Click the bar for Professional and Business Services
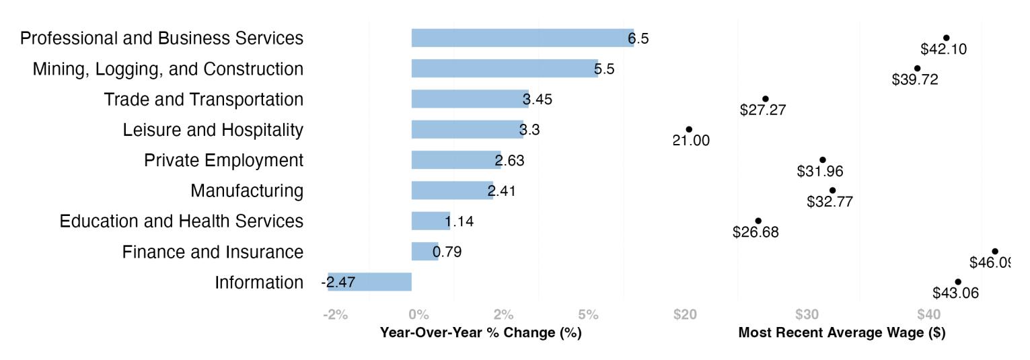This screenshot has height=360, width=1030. tap(522, 38)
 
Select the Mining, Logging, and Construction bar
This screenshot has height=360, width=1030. tap(505, 69)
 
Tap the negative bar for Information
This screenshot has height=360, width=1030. tap(369, 282)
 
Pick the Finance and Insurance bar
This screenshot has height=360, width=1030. tap(425, 252)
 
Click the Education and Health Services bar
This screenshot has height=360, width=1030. tap(431, 221)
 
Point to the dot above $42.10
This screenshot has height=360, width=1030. tap(947, 38)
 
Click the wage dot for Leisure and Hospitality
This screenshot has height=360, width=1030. tap(689, 130)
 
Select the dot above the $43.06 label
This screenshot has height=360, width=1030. tap(958, 282)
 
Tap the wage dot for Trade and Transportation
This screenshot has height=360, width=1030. tap(765, 99)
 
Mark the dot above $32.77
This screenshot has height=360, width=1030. tap(832, 190)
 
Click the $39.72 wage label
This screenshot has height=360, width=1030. tap(914, 79)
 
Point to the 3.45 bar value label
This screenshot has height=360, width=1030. tap(537, 100)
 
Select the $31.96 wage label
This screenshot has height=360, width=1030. tap(820, 172)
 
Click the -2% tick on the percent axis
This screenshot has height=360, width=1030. tap(335, 314)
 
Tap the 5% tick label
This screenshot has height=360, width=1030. tap(588, 314)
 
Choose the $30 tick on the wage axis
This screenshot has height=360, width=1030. tap(807, 314)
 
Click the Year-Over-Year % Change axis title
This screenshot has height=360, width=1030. tap(481, 332)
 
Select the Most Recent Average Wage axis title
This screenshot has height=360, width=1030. tap(842, 332)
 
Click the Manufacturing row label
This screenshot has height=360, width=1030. tap(247, 191)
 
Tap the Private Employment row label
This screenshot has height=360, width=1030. tap(223, 160)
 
